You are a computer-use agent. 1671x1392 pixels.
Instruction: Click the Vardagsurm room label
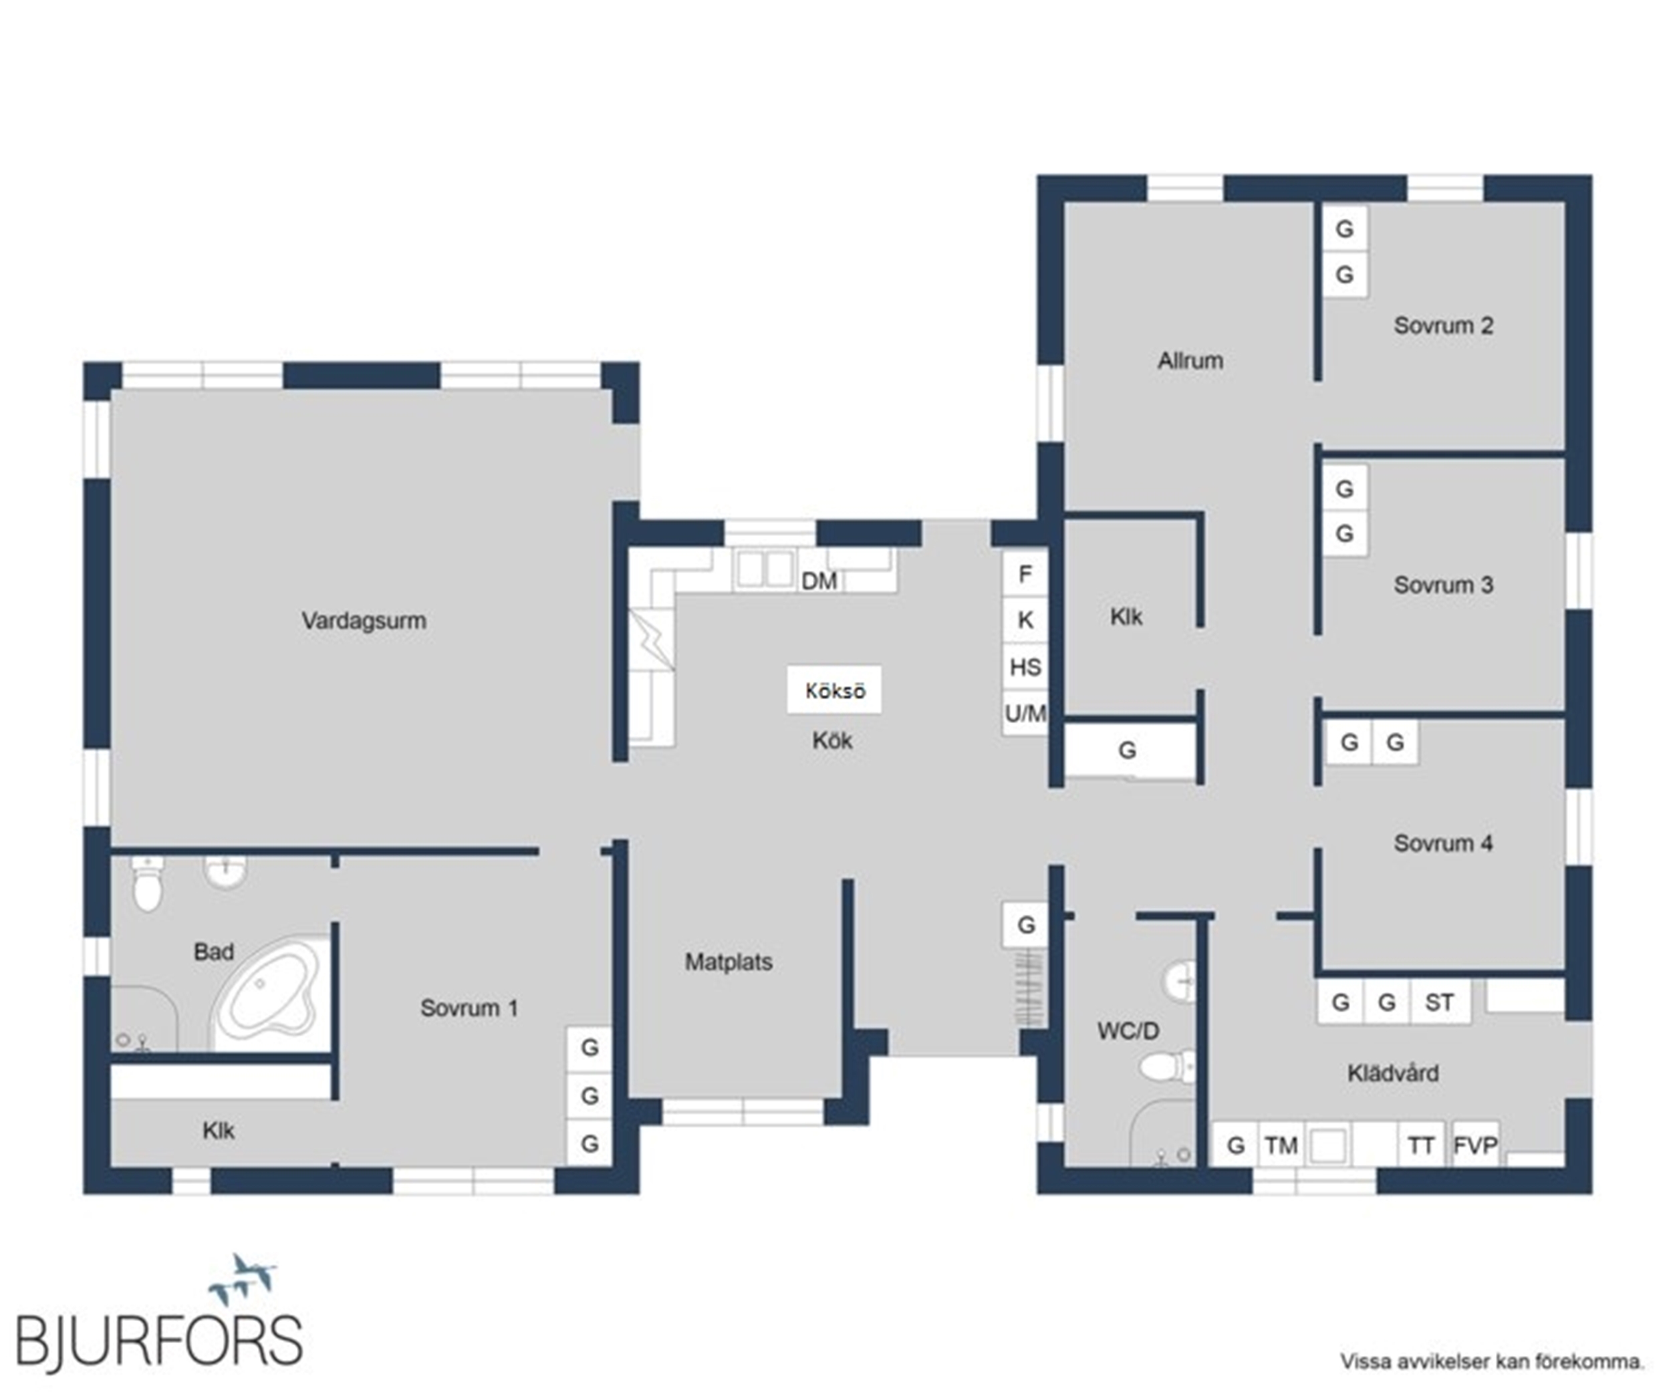point(364,620)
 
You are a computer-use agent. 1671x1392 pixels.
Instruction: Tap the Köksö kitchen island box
point(834,690)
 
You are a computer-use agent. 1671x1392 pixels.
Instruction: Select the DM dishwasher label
point(819,581)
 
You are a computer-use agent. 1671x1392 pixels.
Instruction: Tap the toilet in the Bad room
point(147,883)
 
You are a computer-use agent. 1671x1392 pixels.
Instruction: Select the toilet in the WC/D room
point(1167,1067)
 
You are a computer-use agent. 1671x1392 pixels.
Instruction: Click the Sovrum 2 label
point(1444,325)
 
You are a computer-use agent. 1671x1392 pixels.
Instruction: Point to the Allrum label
point(1190,361)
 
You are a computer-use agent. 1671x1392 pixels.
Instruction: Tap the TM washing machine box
point(1281,1145)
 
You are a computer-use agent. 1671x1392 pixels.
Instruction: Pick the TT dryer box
point(1421,1145)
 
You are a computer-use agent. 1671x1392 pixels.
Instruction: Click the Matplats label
point(729,962)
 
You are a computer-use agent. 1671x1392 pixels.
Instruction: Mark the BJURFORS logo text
point(159,1341)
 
